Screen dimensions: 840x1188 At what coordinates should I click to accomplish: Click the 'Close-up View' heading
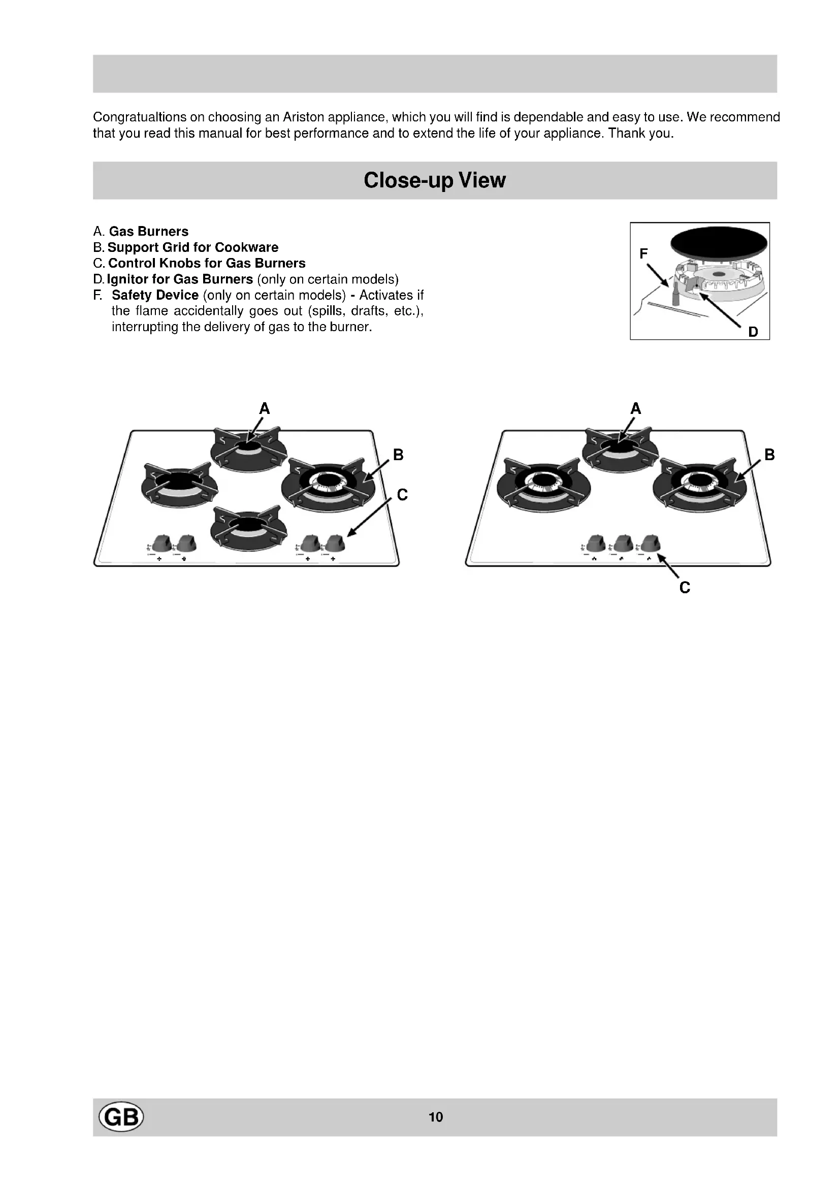click(x=435, y=180)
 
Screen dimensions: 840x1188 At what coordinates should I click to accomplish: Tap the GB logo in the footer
click(x=121, y=1116)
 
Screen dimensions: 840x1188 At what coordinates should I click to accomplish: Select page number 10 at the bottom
click(x=436, y=1117)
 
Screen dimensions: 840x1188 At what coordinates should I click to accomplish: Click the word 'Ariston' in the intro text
click(x=303, y=117)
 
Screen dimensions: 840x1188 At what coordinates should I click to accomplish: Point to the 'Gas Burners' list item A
click(x=148, y=231)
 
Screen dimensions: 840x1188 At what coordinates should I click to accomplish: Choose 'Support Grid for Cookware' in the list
click(x=193, y=247)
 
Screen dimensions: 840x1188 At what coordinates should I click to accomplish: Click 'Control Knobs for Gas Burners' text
click(x=207, y=264)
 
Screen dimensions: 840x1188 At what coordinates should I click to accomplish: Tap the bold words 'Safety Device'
click(x=155, y=295)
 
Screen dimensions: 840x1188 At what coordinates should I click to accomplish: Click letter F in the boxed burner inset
click(x=643, y=253)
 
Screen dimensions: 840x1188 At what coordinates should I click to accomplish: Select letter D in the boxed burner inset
click(x=753, y=332)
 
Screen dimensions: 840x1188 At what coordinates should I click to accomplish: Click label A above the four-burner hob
click(x=264, y=409)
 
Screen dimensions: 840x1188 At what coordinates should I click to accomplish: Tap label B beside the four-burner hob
click(x=398, y=455)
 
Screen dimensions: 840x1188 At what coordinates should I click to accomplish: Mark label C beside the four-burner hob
click(x=402, y=495)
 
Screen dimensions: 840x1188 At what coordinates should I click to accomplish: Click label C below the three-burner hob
click(x=685, y=588)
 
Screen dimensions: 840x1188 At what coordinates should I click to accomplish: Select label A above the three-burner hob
click(x=636, y=409)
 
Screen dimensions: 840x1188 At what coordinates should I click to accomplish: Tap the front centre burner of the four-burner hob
click(x=249, y=526)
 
